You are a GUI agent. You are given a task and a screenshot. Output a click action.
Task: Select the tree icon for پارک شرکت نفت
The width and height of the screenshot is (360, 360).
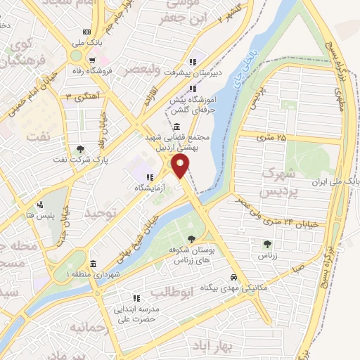coord(82,149)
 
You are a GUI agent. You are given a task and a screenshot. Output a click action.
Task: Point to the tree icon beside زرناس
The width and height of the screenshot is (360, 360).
coord(267,244)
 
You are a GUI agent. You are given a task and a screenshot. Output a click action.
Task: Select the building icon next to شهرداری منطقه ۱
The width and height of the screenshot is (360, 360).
coord(93,274)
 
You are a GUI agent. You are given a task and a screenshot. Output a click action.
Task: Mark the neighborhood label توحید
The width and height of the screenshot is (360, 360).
coord(98,212)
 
